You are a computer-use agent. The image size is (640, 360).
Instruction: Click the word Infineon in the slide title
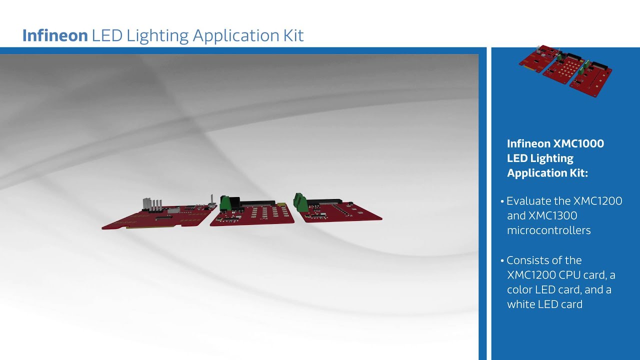(55, 35)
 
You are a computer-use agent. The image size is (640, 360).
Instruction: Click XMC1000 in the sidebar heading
(578, 144)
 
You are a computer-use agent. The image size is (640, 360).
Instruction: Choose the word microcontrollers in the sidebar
(548, 230)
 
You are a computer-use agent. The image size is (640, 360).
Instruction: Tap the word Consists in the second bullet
(530, 260)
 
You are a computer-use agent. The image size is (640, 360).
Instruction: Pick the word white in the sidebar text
(522, 304)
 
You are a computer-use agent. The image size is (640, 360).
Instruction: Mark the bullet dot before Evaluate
(502, 201)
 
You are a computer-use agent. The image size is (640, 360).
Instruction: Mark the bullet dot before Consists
(502, 260)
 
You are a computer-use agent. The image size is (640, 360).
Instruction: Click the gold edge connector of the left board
(150, 226)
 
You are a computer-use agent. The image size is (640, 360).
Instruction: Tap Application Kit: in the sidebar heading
(547, 173)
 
